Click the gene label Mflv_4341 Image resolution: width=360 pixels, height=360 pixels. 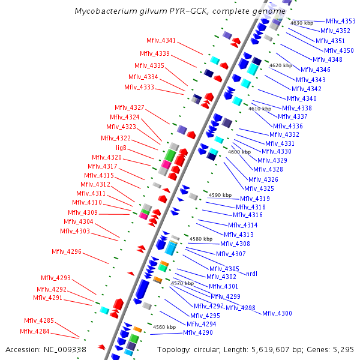(161, 41)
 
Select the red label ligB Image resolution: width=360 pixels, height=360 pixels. (121, 148)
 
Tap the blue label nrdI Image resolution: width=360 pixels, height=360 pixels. (251, 274)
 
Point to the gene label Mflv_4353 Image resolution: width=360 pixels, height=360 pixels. (341, 21)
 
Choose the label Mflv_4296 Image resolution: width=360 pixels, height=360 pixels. (66, 251)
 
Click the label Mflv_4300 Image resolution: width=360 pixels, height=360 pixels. (277, 313)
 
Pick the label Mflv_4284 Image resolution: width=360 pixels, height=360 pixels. (35, 331)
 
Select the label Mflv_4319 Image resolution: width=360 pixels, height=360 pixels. (255, 199)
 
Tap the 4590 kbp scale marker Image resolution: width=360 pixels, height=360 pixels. (220, 195)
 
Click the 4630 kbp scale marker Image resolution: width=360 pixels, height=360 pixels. (302, 23)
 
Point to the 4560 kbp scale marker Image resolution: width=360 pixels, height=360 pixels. (164, 327)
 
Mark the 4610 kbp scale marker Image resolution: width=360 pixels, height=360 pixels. (260, 109)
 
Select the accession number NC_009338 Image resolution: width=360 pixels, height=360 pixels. (67, 349)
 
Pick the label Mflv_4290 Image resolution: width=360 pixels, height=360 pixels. (198, 332)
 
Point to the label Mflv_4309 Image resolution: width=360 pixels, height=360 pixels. (83, 212)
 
